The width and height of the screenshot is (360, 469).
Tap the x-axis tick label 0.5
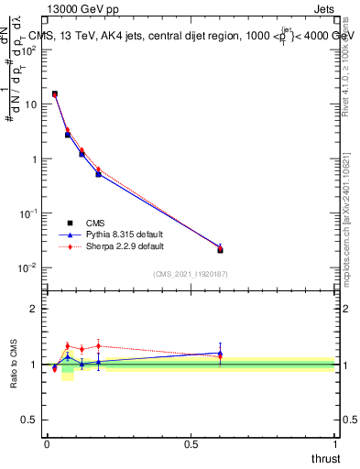pos(191,443)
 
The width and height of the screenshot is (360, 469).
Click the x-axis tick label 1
pos(335,443)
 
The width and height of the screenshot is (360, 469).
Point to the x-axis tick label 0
pos(47,443)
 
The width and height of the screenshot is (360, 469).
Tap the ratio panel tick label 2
pos(33,309)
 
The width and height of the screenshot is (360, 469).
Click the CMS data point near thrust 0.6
pos(220,249)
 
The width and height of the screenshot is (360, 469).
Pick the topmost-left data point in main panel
pos(55,93)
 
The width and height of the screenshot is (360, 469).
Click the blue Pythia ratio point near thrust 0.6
pos(220,353)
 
